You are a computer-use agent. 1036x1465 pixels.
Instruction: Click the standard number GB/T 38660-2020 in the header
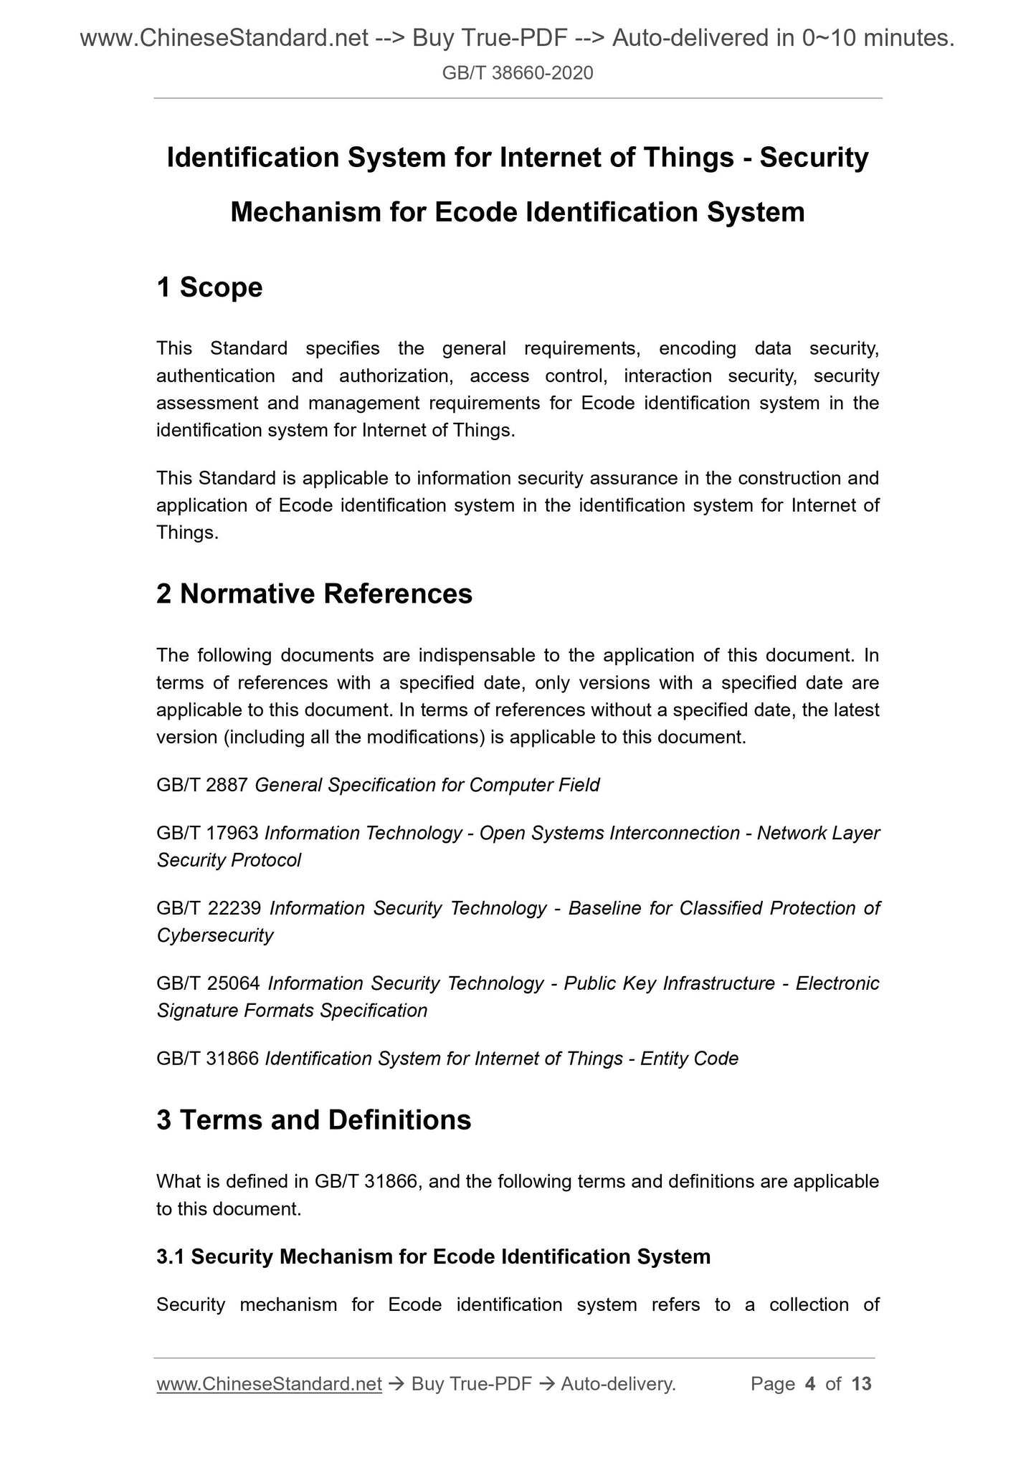point(518,72)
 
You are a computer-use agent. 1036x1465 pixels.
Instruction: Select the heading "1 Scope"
point(209,287)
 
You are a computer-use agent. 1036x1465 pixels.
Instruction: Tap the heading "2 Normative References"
point(314,594)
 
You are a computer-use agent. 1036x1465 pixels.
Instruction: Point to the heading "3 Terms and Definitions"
point(313,1120)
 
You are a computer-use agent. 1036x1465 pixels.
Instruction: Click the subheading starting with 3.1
point(433,1256)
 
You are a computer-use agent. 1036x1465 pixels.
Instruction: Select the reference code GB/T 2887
point(202,786)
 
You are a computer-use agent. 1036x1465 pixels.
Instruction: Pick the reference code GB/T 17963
point(207,833)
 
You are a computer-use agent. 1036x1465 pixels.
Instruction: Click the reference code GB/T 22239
point(209,908)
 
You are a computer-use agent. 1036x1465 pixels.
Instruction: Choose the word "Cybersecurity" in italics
point(215,935)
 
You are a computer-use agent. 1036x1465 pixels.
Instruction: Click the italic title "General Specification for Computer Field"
point(427,786)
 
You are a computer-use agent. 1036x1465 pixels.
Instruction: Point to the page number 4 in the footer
point(810,1384)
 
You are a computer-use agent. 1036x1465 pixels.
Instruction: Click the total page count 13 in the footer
point(861,1384)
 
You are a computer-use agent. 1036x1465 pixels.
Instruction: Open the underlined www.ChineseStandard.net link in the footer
point(269,1384)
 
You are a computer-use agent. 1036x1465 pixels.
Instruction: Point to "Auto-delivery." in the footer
point(618,1384)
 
